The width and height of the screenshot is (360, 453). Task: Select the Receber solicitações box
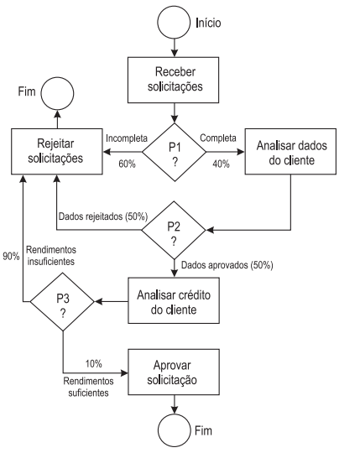pos(174,80)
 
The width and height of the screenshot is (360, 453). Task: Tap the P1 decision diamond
pos(175,152)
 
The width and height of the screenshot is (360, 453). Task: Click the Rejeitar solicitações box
pos(57,151)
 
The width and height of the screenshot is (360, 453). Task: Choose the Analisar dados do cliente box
pos(290,151)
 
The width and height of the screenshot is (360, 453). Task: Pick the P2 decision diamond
pos(174,230)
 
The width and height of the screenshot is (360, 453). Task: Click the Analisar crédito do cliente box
pos(174,300)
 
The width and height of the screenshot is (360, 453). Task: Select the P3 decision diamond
pos(62,302)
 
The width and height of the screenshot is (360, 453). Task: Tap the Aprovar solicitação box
pos(174,372)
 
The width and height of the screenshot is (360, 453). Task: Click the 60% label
pos(127,164)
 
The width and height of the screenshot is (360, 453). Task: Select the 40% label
pos(221,164)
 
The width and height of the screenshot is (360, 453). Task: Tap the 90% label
pos(11,256)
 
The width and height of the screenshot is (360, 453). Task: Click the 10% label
pos(94,364)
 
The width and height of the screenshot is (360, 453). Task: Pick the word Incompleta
pos(127,138)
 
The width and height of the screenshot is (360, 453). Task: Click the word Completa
pos(218,138)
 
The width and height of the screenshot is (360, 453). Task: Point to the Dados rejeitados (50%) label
pos(103,216)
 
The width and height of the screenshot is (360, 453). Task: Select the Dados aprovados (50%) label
pos(227,265)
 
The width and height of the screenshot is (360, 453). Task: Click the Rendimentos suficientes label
pos(88,387)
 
